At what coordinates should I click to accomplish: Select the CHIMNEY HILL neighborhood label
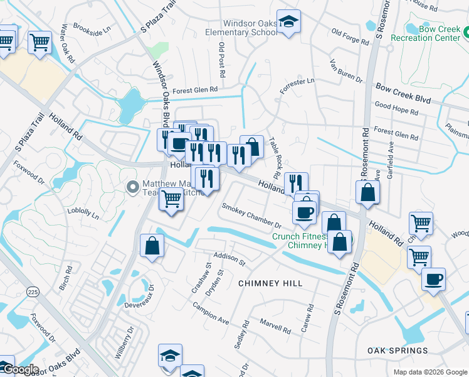click(270, 283)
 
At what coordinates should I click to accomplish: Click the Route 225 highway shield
click(33, 292)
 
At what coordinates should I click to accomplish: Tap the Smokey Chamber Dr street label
click(251, 215)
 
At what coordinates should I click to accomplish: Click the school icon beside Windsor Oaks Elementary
click(288, 23)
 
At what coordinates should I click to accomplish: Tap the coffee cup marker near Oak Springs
click(434, 278)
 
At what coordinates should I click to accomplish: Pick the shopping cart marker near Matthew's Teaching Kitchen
click(171, 199)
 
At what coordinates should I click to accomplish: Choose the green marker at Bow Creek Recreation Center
click(412, 29)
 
